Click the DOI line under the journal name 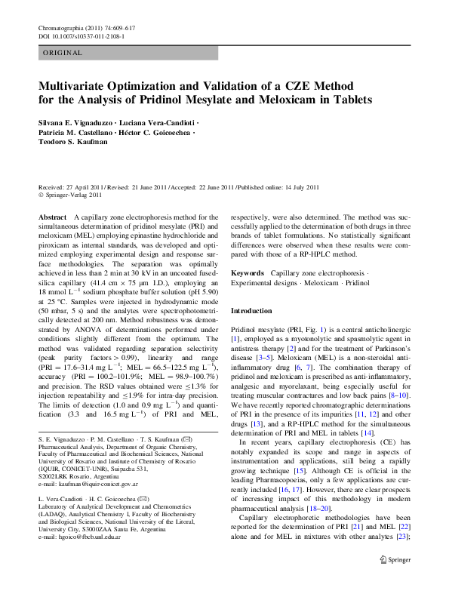point(81,36)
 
